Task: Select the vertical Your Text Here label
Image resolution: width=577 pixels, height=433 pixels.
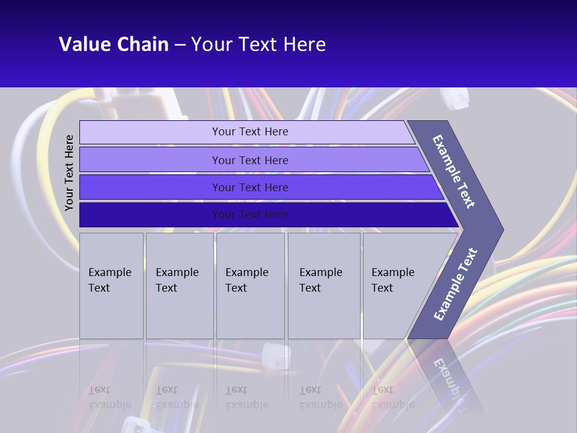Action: pos(69,173)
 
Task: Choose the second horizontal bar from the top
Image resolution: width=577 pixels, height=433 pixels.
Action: pos(249,160)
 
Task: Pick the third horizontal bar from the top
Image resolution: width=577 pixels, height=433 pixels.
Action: pos(249,187)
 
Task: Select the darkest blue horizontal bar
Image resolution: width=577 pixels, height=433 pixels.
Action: pos(249,215)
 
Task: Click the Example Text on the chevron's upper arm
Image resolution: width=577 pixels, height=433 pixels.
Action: pos(454,171)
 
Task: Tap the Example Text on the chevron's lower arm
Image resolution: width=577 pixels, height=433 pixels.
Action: pos(455,284)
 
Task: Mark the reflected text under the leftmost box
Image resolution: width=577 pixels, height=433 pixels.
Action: pos(109,398)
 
